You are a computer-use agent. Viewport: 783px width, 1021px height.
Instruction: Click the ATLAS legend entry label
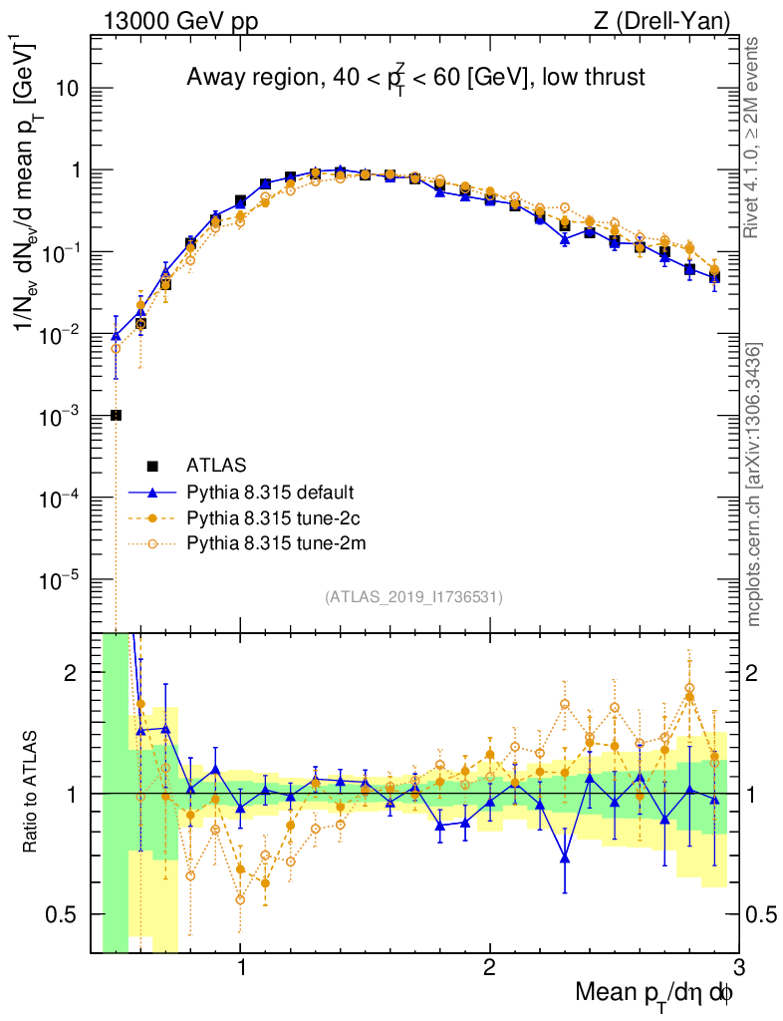pos(216,465)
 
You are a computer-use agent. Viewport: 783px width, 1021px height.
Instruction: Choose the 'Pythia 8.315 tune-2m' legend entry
pos(272,545)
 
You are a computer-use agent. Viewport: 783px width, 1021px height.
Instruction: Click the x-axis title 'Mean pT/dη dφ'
pos(655,992)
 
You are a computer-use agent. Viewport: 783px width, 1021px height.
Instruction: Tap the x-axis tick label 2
pos(489,967)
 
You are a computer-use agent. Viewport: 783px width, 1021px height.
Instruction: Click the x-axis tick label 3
pos(738,967)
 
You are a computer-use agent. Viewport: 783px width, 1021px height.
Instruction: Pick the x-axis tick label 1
pos(241,967)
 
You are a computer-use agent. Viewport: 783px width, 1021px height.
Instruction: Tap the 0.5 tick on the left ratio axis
pos(65,914)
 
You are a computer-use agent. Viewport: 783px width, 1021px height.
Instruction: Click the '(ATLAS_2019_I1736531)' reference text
pos(413,597)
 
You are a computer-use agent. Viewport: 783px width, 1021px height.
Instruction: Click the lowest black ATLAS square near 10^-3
pos(116,415)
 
